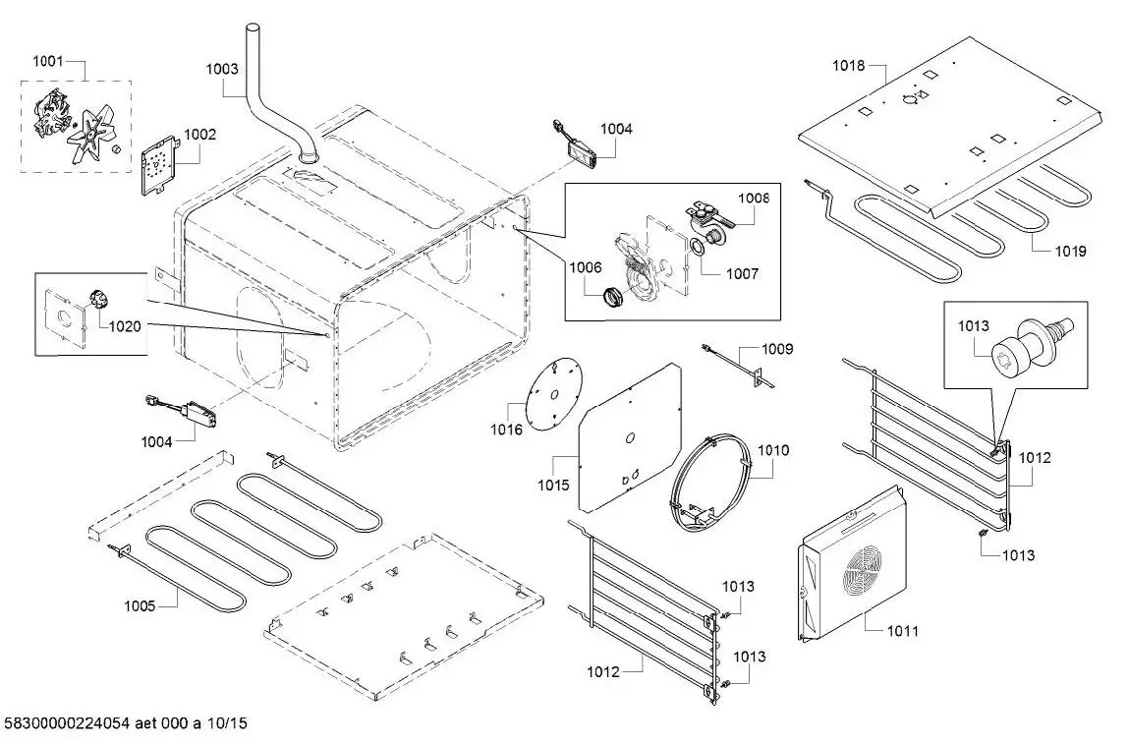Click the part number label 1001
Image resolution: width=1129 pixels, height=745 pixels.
(x=48, y=61)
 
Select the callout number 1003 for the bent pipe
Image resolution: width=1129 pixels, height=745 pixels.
(x=222, y=69)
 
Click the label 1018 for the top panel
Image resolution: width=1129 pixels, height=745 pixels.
(x=849, y=66)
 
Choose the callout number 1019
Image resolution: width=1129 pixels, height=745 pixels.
(x=1070, y=252)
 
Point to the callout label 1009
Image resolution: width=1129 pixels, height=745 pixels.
(x=778, y=349)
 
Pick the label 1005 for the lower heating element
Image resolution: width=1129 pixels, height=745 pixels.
(x=140, y=606)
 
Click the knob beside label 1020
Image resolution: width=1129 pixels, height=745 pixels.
(x=98, y=298)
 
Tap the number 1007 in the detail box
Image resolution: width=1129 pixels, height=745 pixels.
(x=742, y=274)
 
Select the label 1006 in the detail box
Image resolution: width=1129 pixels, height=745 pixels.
(x=585, y=267)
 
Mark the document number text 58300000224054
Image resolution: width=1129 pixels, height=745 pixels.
(x=83, y=724)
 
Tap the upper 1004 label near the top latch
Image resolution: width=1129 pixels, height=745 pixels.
(x=617, y=129)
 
